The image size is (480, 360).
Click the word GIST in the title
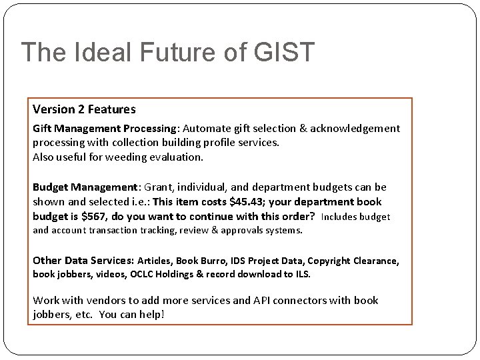tap(284, 52)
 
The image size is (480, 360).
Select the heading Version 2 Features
tap(84, 109)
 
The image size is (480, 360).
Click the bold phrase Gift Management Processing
tap(104, 128)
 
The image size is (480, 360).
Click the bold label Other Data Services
tap(83, 260)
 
